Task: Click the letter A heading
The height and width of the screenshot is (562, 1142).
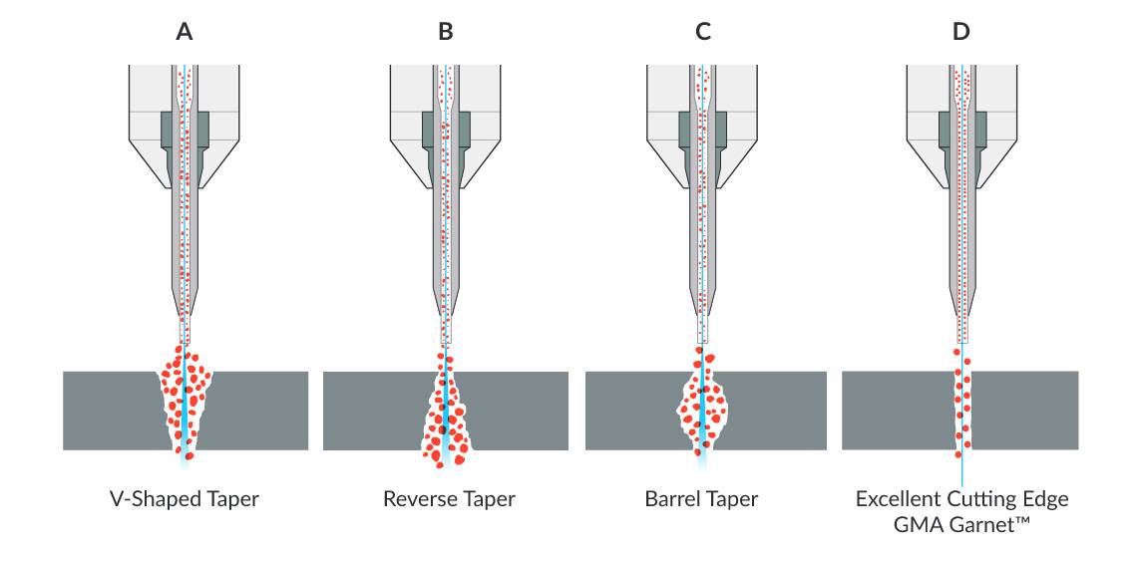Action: click(185, 31)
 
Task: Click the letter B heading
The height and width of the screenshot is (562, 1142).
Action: click(446, 31)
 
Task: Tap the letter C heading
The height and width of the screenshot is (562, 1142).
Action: click(703, 31)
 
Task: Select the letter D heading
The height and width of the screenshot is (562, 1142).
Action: click(960, 31)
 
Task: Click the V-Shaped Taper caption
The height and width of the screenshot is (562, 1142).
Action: click(184, 499)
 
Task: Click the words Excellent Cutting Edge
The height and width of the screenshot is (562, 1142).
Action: click(961, 498)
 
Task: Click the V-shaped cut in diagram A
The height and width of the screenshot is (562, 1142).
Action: click(186, 404)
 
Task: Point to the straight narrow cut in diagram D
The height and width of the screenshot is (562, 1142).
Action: click(962, 409)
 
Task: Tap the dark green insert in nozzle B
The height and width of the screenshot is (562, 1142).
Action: click(427, 129)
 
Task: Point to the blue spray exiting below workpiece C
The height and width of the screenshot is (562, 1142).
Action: click(703, 458)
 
